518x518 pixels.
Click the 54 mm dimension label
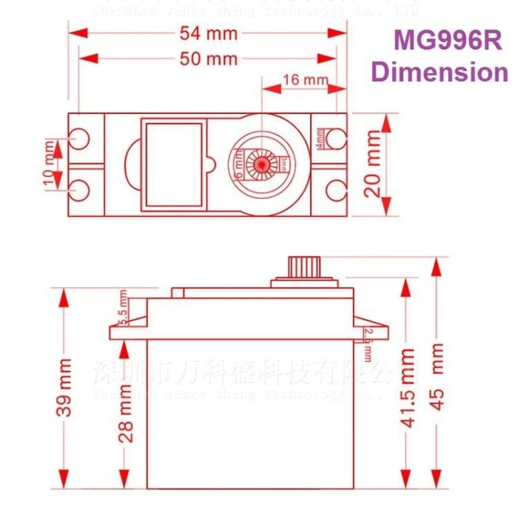[209, 33]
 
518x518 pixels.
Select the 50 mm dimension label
[209, 59]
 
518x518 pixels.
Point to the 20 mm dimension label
[374, 164]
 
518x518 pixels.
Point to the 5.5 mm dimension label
[124, 308]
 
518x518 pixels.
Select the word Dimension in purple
[440, 73]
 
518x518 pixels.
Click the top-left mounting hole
[79, 137]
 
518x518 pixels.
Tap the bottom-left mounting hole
[79, 189]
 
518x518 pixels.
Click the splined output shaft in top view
[261, 163]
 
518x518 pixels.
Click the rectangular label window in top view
[174, 164]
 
